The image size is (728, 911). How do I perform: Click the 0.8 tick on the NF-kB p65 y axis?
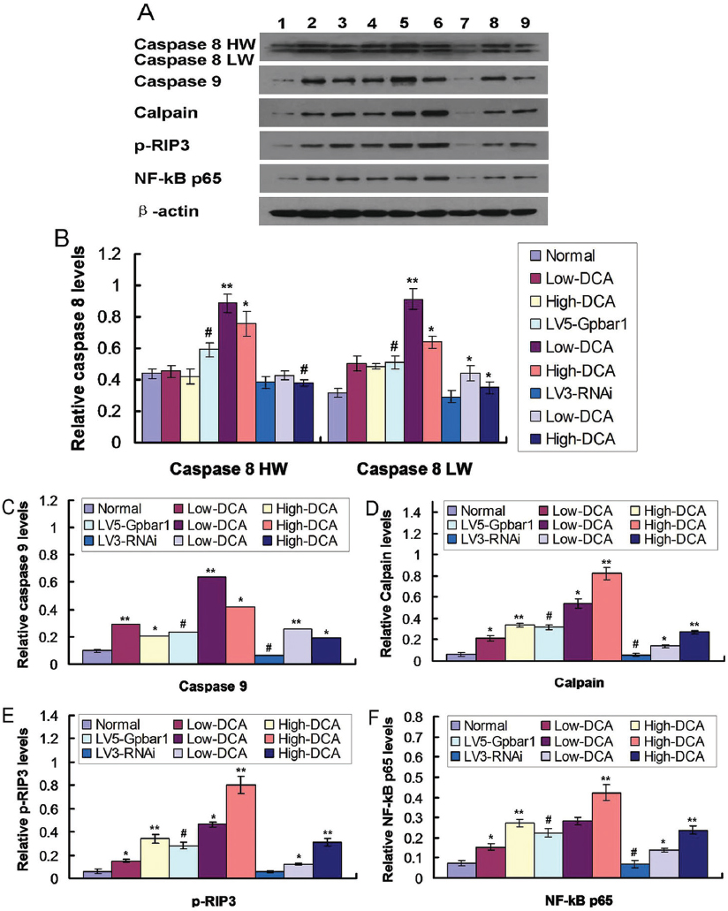click(x=424, y=762)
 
